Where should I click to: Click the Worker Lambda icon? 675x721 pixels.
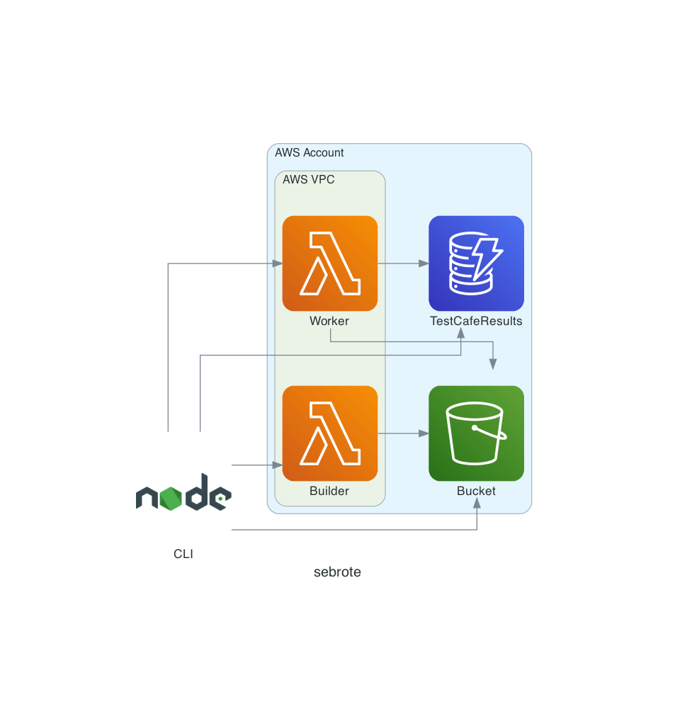[x=329, y=263]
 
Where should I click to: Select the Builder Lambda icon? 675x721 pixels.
[x=329, y=433]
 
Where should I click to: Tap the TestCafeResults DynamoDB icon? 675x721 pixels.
[x=476, y=263]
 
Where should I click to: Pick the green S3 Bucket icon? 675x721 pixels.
[x=476, y=433]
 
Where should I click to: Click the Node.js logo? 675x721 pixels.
[x=183, y=492]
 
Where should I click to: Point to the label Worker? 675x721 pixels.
[x=329, y=321]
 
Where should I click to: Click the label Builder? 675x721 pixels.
[x=329, y=491]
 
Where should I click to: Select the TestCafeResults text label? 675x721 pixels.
[x=476, y=321]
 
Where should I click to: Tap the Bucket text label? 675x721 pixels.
[x=476, y=491]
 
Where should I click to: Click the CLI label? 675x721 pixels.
[x=183, y=554]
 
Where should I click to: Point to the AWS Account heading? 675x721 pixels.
[x=310, y=152]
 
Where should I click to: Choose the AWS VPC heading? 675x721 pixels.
[x=308, y=179]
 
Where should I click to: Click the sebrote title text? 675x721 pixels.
[x=337, y=572]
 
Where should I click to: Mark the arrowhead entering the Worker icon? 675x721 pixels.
[x=278, y=263]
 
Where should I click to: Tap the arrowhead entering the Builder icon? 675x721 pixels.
[x=278, y=465]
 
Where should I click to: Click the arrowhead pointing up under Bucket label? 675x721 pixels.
[x=477, y=507]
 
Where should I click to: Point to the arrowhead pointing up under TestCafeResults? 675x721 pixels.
[x=461, y=332]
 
